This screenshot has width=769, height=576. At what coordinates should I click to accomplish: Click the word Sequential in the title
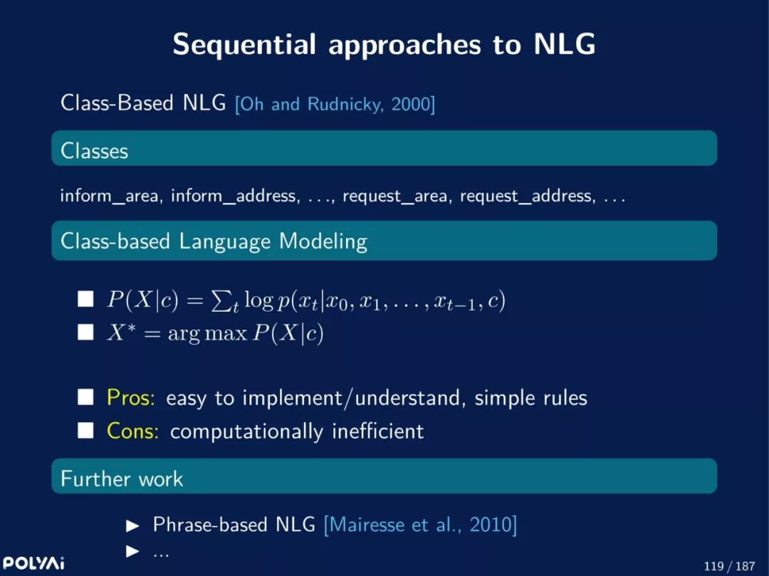point(244,44)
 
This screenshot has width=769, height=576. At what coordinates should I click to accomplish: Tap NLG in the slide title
point(565,44)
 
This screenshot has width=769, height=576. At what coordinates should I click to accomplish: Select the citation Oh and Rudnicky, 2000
point(335,105)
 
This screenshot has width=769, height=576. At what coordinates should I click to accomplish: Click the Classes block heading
point(94,151)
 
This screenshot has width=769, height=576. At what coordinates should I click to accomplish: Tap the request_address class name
point(528,196)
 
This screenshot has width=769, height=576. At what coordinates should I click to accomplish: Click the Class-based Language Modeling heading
point(214,241)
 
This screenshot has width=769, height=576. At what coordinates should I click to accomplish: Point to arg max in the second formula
point(207,334)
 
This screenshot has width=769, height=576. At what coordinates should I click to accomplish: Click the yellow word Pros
point(130,397)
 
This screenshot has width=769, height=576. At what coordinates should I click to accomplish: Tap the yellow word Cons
point(132,431)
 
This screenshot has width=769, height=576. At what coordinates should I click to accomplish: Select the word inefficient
point(377,431)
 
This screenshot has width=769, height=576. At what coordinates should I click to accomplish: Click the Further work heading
point(122,479)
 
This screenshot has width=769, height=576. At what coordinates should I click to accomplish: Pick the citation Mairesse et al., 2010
point(420,525)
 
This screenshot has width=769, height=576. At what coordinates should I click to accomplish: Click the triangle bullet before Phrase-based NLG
point(132,526)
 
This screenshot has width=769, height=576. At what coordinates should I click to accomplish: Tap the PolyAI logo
point(33,563)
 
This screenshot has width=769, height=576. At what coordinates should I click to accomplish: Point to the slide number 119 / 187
point(729,566)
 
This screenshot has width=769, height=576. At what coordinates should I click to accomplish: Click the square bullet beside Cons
point(85,431)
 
